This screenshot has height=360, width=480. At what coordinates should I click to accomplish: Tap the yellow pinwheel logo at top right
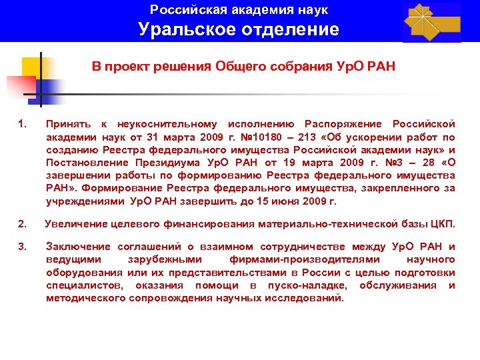pos(431,21)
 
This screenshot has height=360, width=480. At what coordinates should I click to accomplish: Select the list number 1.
pos(23,124)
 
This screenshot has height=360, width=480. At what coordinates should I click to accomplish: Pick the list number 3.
pos(23,247)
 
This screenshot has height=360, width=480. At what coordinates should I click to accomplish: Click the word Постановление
pos(85,162)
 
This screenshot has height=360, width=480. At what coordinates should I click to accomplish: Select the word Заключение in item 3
pos(75,247)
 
